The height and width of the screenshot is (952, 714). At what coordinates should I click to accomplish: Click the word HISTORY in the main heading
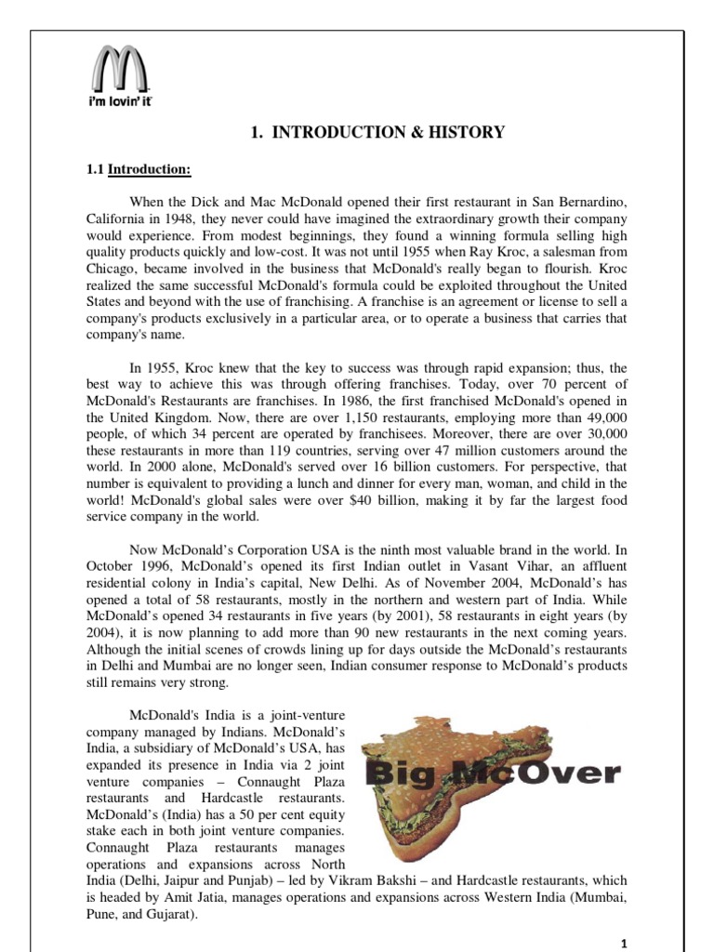(469, 133)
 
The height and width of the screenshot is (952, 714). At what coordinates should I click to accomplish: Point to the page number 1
(626, 942)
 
